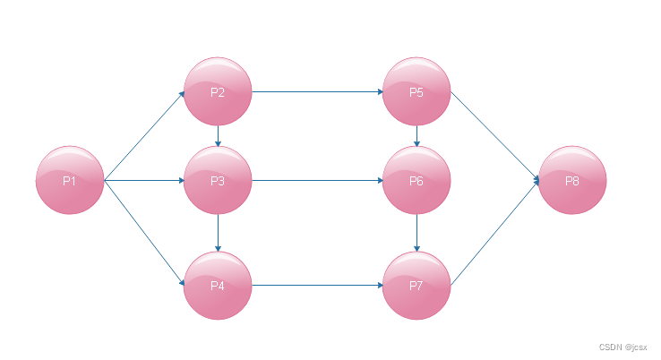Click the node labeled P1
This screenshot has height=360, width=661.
pyautogui.click(x=70, y=180)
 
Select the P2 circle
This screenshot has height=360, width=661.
pyautogui.click(x=218, y=91)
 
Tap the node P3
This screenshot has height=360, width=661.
pyautogui.click(x=218, y=180)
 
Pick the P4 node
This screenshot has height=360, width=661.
pyautogui.click(x=218, y=286)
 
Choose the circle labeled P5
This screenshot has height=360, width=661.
pyautogui.click(x=416, y=91)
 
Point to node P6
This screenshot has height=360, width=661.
pyautogui.click(x=416, y=180)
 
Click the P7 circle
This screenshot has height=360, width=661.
pyautogui.click(x=416, y=286)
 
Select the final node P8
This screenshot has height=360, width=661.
pyautogui.click(x=572, y=180)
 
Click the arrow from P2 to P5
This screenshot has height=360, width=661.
pyautogui.click(x=317, y=91)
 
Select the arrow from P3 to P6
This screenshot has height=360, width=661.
pyautogui.click(x=317, y=180)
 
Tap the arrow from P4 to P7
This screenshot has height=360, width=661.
pyautogui.click(x=317, y=286)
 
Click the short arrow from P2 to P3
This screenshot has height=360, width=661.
pyautogui.click(x=219, y=135)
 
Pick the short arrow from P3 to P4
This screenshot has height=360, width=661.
pyautogui.click(x=219, y=233)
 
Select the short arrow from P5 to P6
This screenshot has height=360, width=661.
pyautogui.click(x=417, y=135)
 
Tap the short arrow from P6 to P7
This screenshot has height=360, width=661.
pyautogui.click(x=417, y=233)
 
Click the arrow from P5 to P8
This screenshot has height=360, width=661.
pyautogui.click(x=494, y=136)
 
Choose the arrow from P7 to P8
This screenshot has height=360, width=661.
pyautogui.click(x=494, y=233)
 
